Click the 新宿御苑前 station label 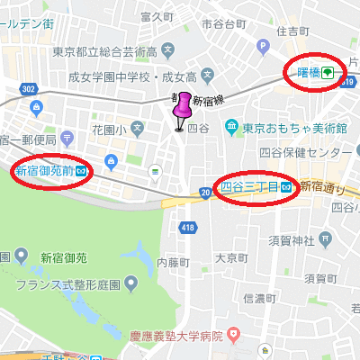point(44,169)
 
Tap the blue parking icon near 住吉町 point(262,45)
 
